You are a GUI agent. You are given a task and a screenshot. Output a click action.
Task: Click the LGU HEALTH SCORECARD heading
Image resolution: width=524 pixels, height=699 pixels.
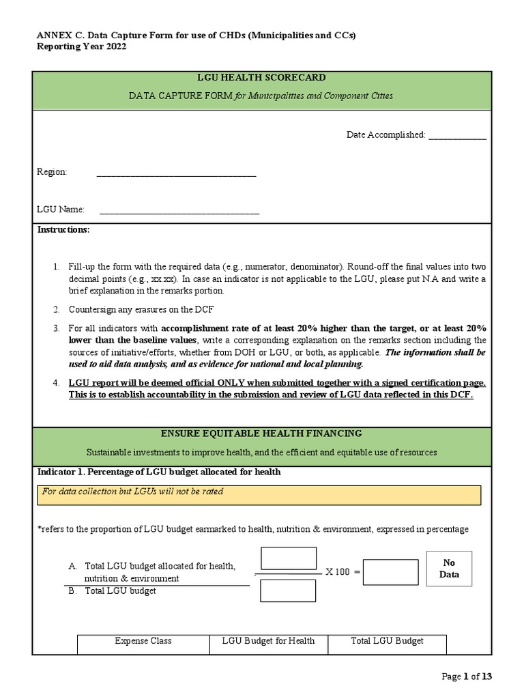(261, 78)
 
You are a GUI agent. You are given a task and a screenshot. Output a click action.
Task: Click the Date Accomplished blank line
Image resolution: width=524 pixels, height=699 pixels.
(457, 136)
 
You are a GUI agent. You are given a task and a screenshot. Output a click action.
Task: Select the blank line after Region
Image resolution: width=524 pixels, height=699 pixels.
(176, 173)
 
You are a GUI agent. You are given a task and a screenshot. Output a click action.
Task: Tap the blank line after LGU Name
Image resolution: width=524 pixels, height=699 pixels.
(179, 211)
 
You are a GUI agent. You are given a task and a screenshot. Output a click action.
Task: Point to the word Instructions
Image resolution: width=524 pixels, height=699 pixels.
(63, 230)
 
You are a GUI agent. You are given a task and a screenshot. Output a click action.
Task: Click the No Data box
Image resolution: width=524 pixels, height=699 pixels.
(448, 569)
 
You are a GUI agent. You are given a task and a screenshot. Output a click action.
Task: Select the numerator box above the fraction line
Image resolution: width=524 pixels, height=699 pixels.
(288, 558)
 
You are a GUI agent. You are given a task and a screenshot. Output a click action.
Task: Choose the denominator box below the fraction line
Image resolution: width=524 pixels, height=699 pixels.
(288, 590)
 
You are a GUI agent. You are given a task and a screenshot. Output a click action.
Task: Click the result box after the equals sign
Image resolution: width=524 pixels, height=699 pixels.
(390, 572)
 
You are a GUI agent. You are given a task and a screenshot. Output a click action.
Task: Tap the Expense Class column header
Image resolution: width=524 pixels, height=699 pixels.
(143, 641)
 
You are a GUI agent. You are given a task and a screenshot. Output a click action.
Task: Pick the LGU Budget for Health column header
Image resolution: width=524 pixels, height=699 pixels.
(268, 641)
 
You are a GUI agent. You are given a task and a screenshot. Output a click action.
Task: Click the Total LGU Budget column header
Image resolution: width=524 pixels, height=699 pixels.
(387, 641)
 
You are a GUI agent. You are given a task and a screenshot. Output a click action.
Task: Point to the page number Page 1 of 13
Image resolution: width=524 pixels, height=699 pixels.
(467, 676)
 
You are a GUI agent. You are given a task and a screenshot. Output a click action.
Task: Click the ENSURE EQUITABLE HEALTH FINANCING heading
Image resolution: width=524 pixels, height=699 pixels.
(261, 434)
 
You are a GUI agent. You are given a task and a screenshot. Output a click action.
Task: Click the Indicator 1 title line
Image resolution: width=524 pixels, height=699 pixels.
(159, 472)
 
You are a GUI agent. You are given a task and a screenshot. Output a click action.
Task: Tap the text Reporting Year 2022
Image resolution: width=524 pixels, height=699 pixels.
(81, 46)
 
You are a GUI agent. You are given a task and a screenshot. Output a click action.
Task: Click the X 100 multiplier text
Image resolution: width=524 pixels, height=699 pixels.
(338, 572)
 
